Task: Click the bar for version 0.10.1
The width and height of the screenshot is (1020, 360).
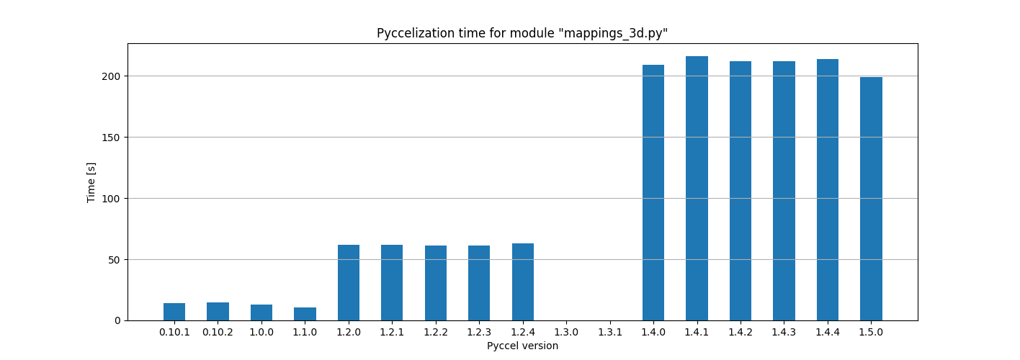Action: [x=174, y=312]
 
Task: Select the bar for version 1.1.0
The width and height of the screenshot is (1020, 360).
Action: [x=305, y=314]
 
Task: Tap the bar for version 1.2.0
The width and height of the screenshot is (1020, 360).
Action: [x=349, y=283]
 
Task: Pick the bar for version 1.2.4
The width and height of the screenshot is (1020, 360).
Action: [x=523, y=282]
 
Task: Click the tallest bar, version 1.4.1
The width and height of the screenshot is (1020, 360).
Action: [x=697, y=189]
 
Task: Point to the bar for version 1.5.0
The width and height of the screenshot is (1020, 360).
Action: [x=871, y=199]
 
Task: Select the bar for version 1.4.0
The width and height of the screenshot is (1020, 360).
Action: [x=653, y=193]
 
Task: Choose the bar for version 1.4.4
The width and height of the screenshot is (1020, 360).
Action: [x=828, y=190]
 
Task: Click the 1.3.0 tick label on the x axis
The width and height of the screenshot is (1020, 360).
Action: [x=566, y=332]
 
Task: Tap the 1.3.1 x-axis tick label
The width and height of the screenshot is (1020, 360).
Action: [x=610, y=332]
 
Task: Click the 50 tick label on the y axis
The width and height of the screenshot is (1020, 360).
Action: [x=115, y=260]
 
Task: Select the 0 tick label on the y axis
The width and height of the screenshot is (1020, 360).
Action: [x=117, y=320]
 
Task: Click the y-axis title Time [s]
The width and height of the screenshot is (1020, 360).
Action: [x=91, y=182]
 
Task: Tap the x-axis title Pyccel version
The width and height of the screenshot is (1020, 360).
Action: [x=522, y=346]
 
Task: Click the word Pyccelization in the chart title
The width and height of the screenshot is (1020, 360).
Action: [x=408, y=34]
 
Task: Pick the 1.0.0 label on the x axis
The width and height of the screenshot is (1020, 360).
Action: [x=261, y=332]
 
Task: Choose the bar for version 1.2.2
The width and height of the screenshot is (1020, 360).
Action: [x=436, y=283]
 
